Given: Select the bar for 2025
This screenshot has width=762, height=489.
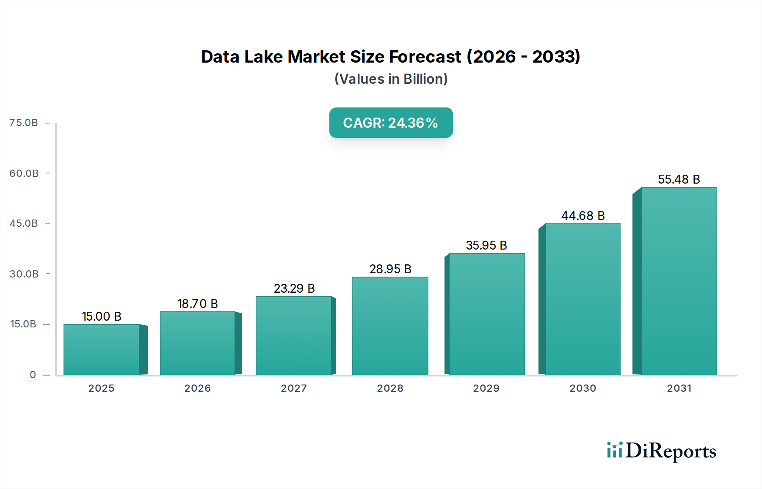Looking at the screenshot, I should (102, 349).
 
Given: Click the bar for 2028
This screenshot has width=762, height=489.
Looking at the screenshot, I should (390, 326).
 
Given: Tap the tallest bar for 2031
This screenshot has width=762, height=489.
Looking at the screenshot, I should (679, 281).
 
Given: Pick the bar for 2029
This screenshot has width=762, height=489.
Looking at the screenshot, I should (486, 314).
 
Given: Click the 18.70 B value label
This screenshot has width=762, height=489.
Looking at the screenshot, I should (197, 304).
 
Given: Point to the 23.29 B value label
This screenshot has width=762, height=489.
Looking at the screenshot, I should (294, 288).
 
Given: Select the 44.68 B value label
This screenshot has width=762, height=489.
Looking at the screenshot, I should (583, 216).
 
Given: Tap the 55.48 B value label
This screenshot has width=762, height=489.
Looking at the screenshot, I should (679, 179).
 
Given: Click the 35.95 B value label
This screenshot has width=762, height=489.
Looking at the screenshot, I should (486, 245).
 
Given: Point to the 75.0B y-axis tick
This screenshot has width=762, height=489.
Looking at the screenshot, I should (24, 123).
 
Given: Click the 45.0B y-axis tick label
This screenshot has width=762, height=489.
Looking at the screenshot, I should (24, 223).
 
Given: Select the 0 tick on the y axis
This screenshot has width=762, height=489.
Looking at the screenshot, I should (33, 375).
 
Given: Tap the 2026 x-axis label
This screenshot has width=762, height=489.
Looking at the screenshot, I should (197, 388).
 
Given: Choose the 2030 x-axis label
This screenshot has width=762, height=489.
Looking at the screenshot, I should (583, 388).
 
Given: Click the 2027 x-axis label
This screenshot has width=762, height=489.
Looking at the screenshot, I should (294, 388).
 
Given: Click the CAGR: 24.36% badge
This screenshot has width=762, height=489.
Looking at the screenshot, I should (391, 123).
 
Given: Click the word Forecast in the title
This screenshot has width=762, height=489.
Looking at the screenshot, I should (425, 57).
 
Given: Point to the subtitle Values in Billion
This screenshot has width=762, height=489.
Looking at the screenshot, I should (391, 79).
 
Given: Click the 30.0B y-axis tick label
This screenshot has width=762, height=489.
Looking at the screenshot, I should (24, 274).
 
